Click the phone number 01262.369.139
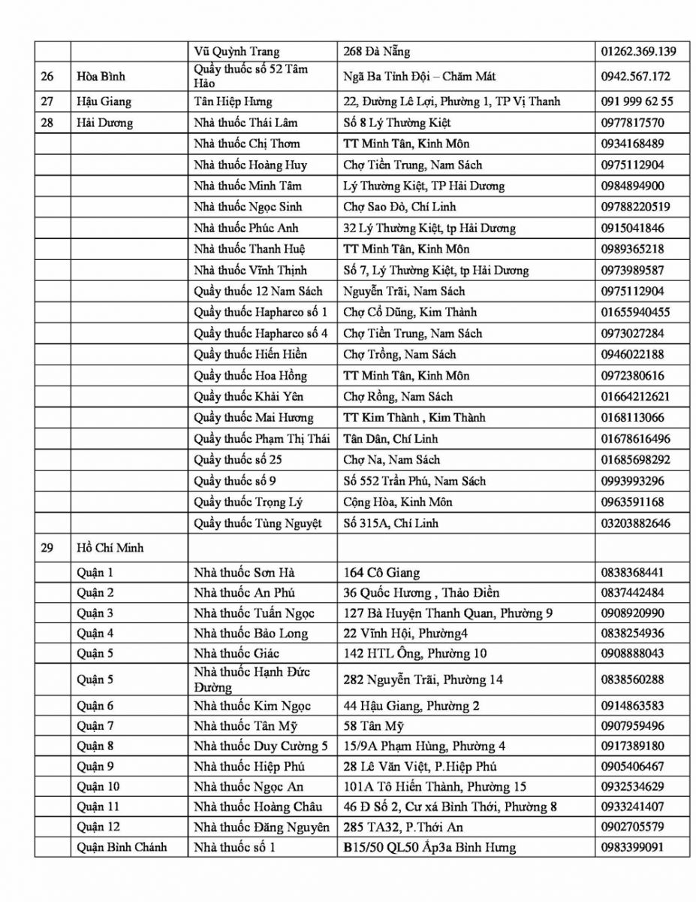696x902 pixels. point(638,52)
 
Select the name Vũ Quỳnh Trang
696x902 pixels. point(237,52)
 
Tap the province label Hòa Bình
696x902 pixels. point(101,77)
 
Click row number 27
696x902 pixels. point(47,101)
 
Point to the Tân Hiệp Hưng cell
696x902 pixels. point(233,101)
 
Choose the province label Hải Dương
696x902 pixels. point(105,123)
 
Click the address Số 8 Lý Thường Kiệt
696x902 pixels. point(397,123)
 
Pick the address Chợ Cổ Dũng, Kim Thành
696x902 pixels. point(410,312)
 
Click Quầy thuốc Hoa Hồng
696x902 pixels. point(250,375)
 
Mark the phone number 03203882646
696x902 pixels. point(635,522)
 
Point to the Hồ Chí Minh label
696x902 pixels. point(110,548)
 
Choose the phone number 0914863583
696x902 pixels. point(632,706)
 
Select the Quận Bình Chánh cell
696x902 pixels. point(122,847)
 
